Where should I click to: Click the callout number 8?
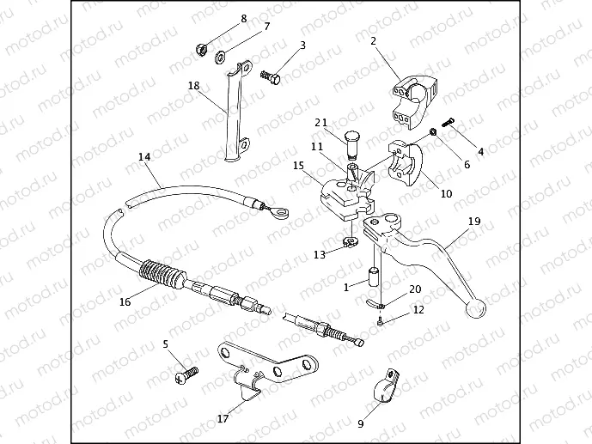(244, 19)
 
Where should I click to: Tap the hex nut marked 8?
(201, 49)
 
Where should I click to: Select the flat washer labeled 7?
(220, 58)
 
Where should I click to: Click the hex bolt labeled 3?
(271, 77)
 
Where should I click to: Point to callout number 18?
(193, 86)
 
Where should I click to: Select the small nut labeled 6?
(433, 132)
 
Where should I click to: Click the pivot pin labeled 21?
(352, 144)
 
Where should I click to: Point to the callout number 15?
(298, 165)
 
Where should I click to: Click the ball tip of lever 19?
(475, 308)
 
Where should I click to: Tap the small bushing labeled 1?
(373, 278)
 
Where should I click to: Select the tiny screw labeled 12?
(380, 322)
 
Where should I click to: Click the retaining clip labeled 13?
(351, 242)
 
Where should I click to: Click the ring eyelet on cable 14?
(278, 214)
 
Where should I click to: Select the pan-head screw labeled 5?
(187, 374)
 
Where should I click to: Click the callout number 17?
(223, 418)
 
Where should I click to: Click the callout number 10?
(446, 193)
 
